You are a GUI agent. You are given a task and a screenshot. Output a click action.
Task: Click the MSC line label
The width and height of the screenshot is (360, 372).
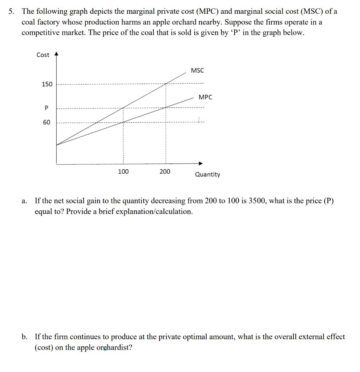pyautogui.click(x=197, y=70)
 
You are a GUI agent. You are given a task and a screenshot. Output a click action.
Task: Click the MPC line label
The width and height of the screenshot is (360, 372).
pyautogui.click(x=205, y=97)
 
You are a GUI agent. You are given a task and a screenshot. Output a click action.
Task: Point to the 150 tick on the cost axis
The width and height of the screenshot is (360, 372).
pyautogui.click(x=47, y=84)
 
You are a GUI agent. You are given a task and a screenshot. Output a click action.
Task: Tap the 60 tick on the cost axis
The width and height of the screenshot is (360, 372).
pyautogui.click(x=46, y=122)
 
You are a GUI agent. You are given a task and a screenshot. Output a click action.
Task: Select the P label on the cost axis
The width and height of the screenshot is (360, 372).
pyautogui.click(x=46, y=108)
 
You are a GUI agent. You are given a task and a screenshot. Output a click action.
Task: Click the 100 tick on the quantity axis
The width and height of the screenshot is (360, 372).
pyautogui.click(x=123, y=171)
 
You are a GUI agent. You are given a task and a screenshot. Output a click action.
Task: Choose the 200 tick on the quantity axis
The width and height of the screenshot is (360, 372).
pyautogui.click(x=165, y=171)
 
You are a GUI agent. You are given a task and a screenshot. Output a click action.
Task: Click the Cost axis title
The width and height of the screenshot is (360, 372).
pyautogui.click(x=43, y=55)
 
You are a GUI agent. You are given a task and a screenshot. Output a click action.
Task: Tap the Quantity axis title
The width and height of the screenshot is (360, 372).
pyautogui.click(x=207, y=174)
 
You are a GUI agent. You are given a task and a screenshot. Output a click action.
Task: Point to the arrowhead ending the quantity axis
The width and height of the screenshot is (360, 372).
pyautogui.click(x=200, y=163)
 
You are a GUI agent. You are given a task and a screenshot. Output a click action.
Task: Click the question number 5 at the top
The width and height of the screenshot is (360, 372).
pyautogui.click(x=12, y=12)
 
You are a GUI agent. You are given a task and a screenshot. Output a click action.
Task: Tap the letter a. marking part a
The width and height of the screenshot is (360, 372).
pyautogui.click(x=24, y=201)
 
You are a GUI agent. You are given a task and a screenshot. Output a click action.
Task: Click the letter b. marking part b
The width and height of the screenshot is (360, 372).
pyautogui.click(x=24, y=337)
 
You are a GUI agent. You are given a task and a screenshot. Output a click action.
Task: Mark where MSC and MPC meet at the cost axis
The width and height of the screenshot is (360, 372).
pyautogui.click(x=56, y=145)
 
